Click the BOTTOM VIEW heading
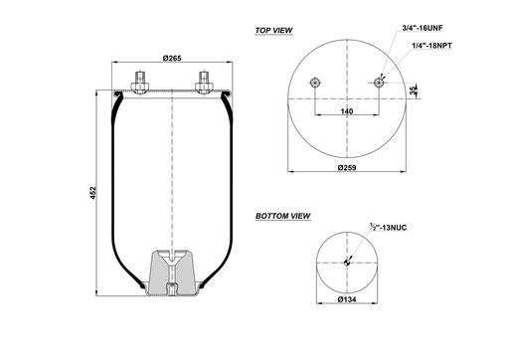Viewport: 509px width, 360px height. (282, 215)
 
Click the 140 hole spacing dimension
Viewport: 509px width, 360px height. (347, 112)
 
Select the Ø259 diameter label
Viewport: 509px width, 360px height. (347, 168)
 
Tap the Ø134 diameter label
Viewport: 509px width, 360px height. (347, 299)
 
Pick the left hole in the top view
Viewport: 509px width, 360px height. (315, 84)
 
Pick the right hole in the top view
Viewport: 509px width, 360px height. (380, 84)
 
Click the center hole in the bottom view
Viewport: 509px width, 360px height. (347, 263)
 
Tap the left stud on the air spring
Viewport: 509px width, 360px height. (139, 80)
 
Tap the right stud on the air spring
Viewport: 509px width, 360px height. (206, 80)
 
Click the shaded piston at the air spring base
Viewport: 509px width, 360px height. (173, 273)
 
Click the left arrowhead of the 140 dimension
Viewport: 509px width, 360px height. (317, 118)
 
